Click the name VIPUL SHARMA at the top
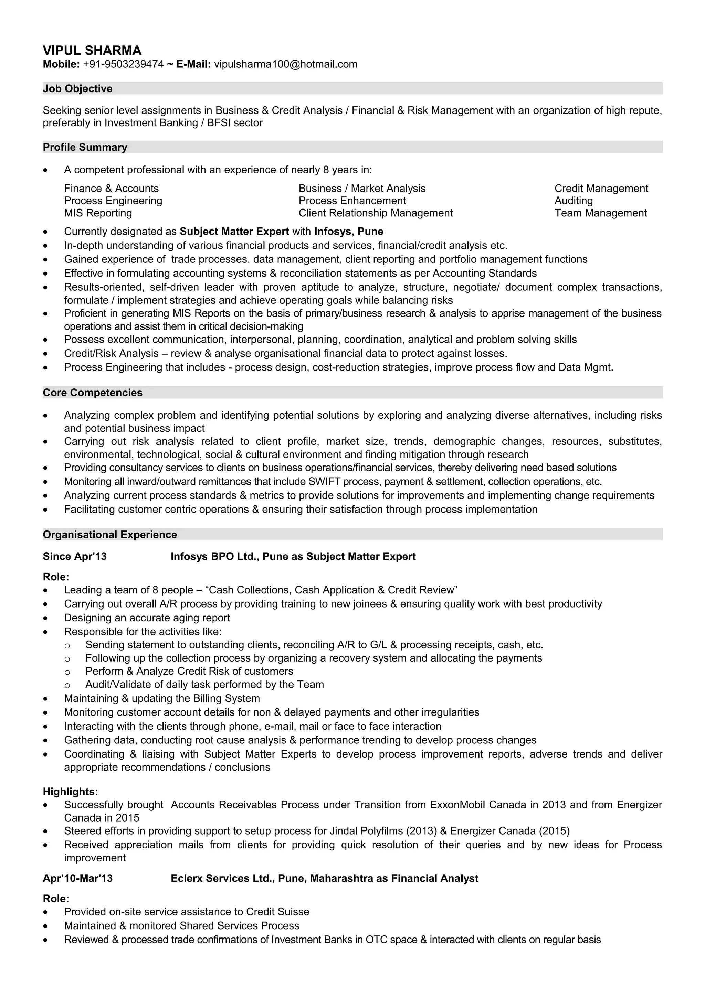pos(92,50)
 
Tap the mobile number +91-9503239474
pos(123,64)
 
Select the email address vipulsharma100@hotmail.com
pos(286,64)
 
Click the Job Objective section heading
pos(77,88)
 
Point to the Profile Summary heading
pos(85,147)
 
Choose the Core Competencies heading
pos(93,393)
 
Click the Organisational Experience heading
pos(110,535)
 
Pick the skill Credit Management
pos(601,189)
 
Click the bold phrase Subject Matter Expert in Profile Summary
pos(234,232)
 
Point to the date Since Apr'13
pos(75,556)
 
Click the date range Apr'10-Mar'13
pos(77,878)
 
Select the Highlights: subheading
pos(70,792)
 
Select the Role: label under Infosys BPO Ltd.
pos(56,577)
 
